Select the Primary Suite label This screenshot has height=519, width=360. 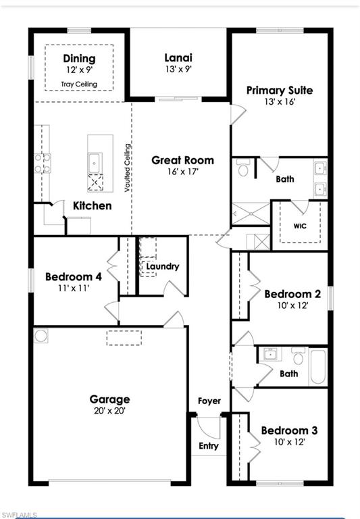(x=279, y=90)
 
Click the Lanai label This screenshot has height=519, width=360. (x=179, y=58)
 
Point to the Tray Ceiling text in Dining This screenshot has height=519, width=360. (x=79, y=84)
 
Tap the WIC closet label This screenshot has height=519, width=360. (x=300, y=226)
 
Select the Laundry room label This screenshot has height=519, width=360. (x=163, y=266)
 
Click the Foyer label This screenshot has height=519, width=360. (x=209, y=401)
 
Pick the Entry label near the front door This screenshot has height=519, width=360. (x=209, y=445)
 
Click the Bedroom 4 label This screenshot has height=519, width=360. (x=74, y=276)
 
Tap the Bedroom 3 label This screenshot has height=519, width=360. (x=289, y=430)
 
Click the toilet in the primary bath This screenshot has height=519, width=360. (x=244, y=170)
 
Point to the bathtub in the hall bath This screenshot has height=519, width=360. (x=317, y=366)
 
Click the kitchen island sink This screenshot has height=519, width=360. (x=95, y=162)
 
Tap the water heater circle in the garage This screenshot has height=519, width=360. (x=41, y=335)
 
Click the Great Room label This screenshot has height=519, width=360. (x=182, y=160)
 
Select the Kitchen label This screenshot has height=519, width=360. (x=93, y=205)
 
